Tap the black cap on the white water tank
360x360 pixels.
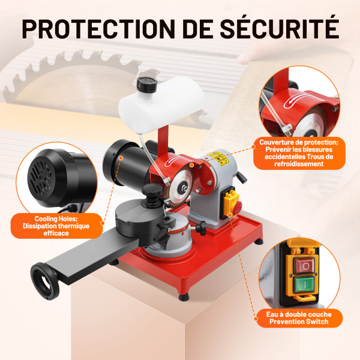coord(147,85)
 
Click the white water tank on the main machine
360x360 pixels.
coord(161,104)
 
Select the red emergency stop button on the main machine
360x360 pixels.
coord(237,207)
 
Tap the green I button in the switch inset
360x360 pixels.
coord(304,284)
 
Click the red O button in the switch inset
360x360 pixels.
coord(305,266)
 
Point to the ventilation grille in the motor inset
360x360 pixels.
coord(41,176)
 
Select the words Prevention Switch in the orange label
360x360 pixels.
coord(299,322)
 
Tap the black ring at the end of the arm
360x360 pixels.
coord(45,281)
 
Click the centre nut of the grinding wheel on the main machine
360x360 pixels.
coord(183,184)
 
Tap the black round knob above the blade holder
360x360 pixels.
coord(152,190)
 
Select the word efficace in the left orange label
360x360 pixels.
coord(56,233)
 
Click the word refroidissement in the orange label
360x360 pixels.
coord(299,164)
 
